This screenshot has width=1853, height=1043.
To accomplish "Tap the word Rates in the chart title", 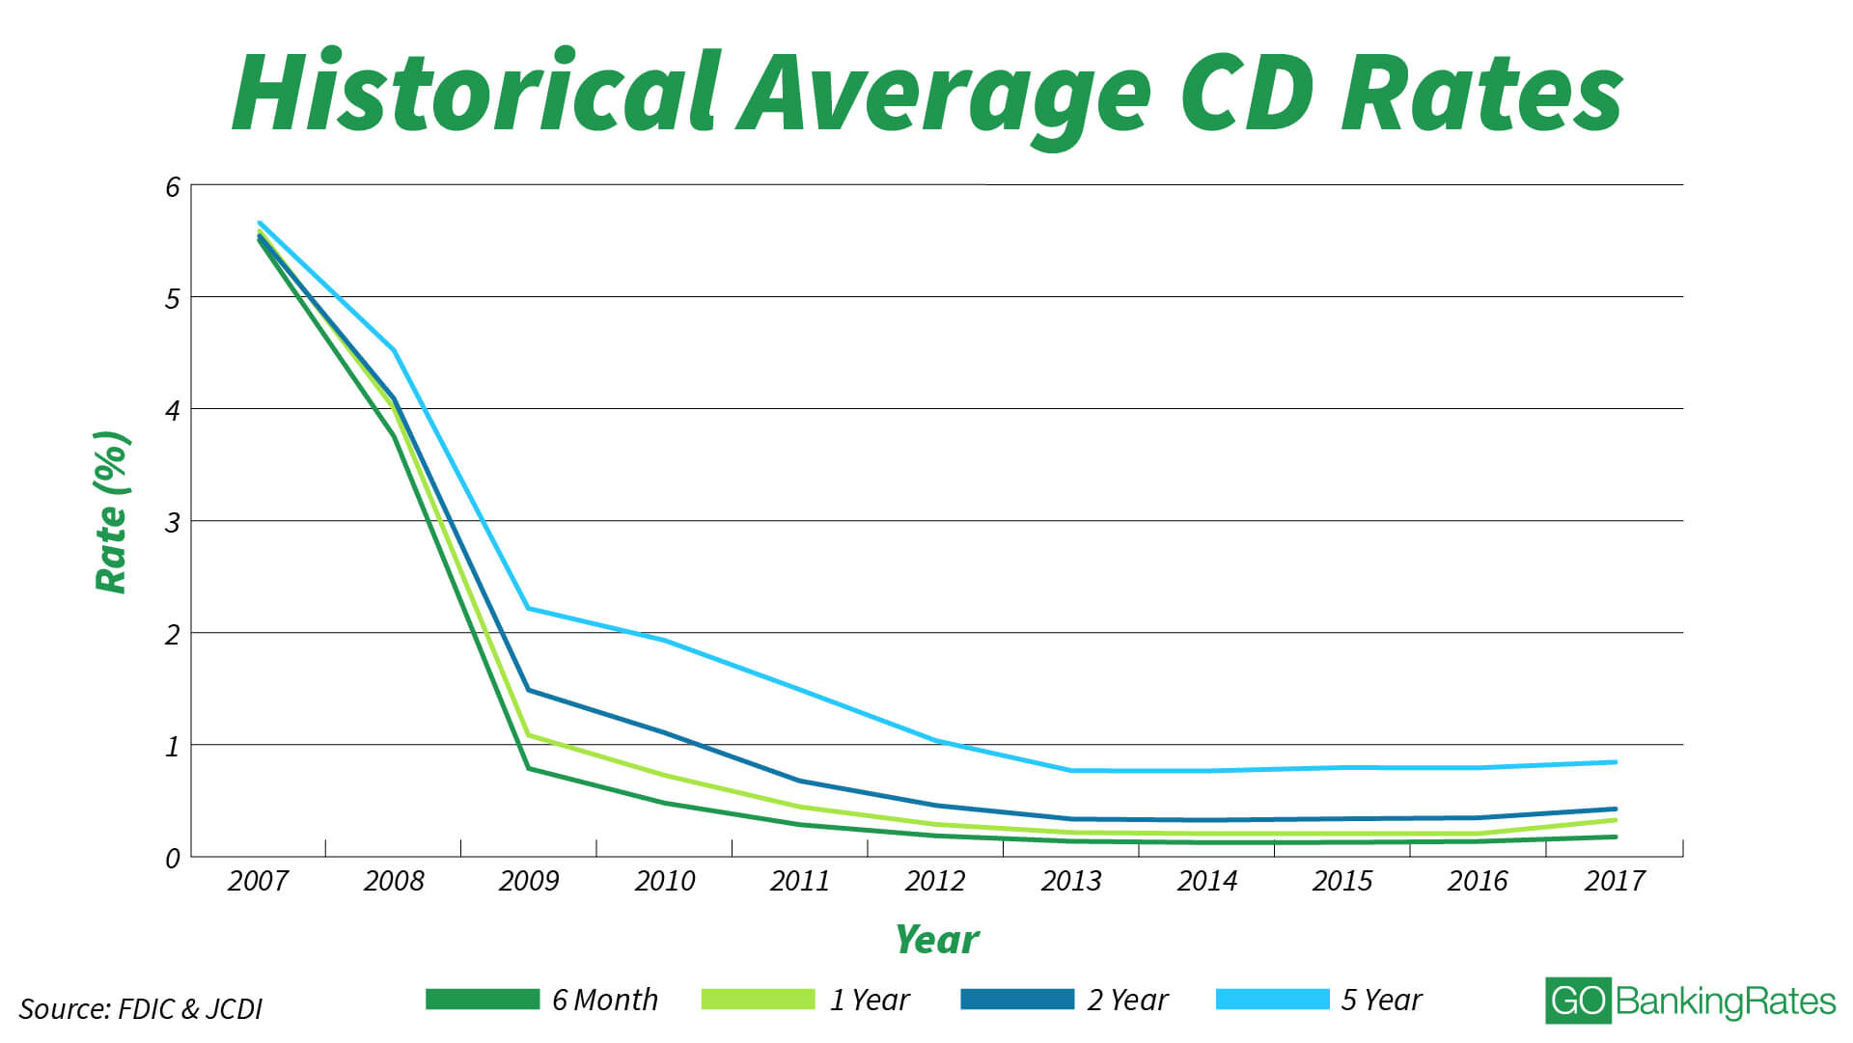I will [1481, 94].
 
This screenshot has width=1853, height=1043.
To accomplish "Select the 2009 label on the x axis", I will [529, 881].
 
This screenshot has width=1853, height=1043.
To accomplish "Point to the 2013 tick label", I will [1071, 881].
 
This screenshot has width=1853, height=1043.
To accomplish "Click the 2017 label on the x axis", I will [1615, 881].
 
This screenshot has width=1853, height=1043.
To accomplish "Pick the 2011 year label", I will [800, 881].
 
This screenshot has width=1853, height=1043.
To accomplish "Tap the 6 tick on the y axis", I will [173, 187].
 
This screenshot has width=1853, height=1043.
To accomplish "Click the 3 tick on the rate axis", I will [173, 523].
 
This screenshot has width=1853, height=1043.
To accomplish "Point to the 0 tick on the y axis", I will [173, 859].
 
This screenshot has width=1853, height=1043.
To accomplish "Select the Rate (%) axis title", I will [112, 511].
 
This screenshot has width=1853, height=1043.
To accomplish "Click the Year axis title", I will [936, 940].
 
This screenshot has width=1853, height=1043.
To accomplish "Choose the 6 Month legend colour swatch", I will [483, 1000].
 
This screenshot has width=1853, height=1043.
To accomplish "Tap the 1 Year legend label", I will [869, 1001].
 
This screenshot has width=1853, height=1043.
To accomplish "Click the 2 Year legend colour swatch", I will [1017, 1000].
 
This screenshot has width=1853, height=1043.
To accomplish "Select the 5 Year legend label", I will [1381, 1001].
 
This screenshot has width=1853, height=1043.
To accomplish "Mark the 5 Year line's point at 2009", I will [529, 608].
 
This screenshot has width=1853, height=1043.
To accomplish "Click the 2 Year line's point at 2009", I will [529, 690].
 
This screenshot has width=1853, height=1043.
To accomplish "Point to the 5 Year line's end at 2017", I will [1616, 762].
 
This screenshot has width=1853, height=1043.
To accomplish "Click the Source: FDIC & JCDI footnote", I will [141, 1009].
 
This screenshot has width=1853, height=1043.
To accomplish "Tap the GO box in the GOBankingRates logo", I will [1578, 1002].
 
